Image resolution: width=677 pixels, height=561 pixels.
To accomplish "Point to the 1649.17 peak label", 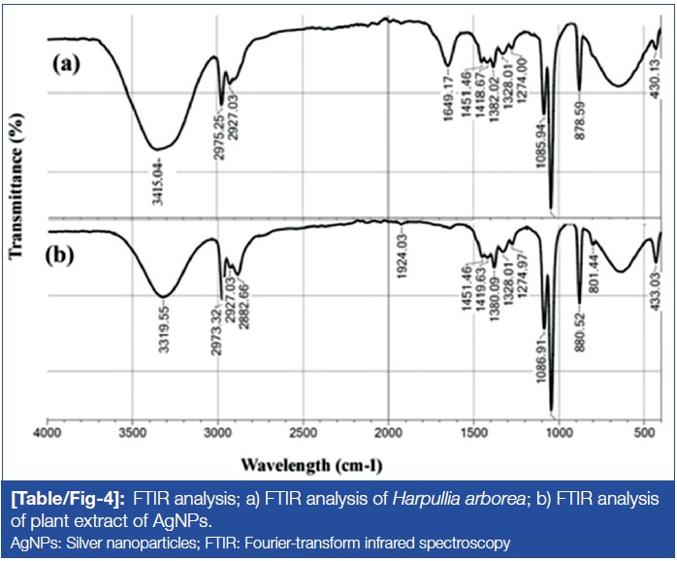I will (448, 98).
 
